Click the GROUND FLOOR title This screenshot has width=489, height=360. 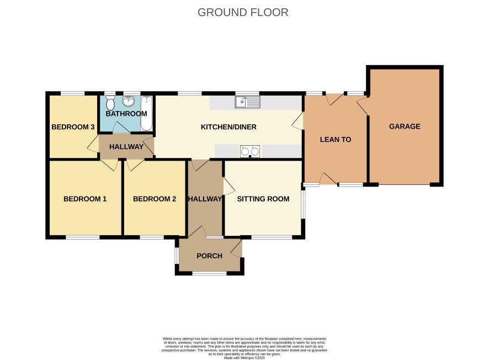(x=243, y=13)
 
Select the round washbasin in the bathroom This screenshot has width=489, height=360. (x=129, y=100)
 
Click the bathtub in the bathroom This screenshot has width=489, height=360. (x=147, y=113)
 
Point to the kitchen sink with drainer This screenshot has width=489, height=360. (x=248, y=102)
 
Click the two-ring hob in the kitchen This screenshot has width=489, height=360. (x=250, y=151)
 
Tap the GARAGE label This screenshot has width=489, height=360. (x=405, y=126)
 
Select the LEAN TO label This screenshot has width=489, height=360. (x=336, y=140)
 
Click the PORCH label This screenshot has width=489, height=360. (x=210, y=256)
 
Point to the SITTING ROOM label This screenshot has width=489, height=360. (x=263, y=199)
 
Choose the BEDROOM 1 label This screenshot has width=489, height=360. (x=85, y=199)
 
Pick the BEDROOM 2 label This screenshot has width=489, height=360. (x=155, y=199)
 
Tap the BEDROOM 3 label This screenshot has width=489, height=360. (x=73, y=127)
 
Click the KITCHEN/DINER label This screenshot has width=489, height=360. (x=228, y=127)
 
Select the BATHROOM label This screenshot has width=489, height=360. (x=126, y=114)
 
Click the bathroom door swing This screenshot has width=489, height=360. (x=121, y=128)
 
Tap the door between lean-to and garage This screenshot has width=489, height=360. (x=363, y=106)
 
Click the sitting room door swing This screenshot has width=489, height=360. (x=229, y=187)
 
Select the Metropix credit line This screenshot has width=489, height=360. (x=244, y=358)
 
